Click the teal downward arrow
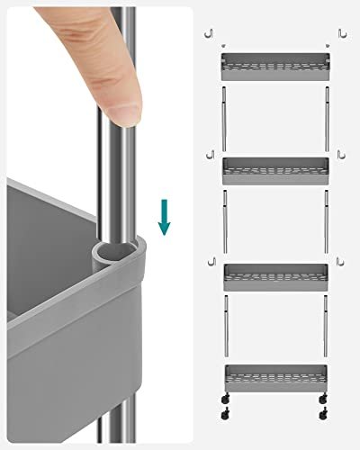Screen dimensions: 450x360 (163, 216)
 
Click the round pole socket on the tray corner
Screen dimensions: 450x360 (112, 249)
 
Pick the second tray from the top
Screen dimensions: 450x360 (274, 169)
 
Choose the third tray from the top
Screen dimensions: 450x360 (274, 275)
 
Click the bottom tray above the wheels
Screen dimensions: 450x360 (274, 376)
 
